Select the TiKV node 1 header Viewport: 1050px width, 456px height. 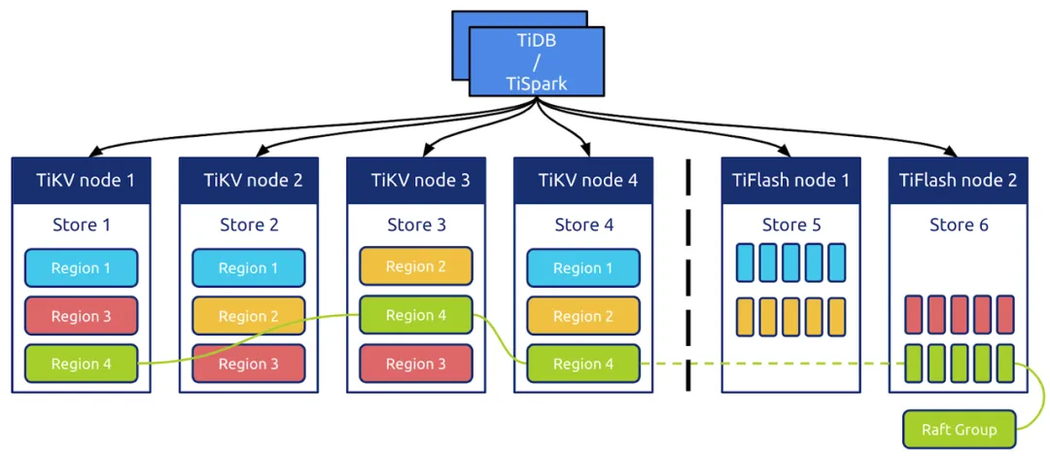81,180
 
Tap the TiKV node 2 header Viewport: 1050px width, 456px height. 249,180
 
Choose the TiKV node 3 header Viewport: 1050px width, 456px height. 416,180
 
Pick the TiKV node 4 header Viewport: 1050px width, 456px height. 583,180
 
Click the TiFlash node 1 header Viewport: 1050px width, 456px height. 790,180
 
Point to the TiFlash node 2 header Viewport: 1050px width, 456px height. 958,180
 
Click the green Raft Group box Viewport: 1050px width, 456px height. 959,429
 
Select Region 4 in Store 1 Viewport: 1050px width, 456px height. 81,364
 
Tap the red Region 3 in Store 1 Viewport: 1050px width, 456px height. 81,316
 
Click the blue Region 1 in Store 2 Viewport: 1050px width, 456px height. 249,268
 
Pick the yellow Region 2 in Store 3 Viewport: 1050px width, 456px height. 416,266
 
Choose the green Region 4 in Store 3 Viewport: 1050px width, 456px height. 416,315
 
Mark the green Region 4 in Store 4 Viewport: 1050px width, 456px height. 583,364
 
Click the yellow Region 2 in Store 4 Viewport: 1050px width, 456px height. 583,316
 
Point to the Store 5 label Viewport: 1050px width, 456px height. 790,226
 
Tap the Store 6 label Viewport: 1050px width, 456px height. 958,226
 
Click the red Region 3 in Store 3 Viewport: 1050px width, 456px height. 416,364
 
